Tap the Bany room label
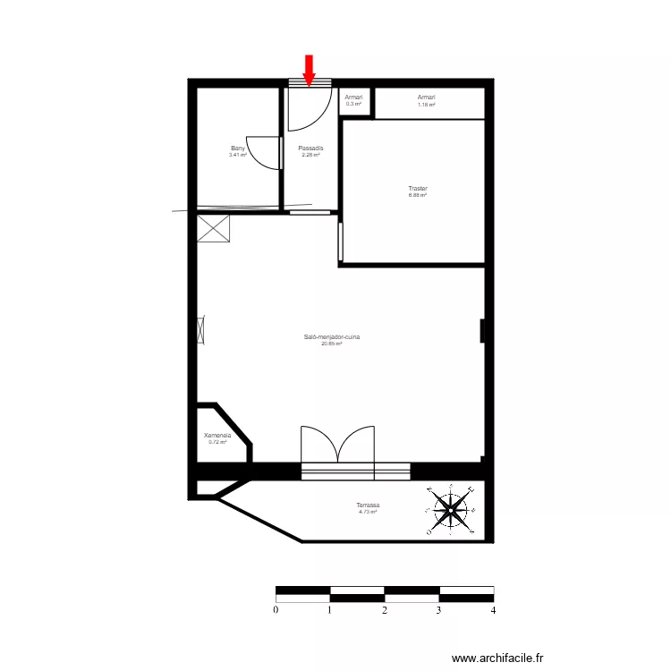click(238, 149)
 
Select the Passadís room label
click(310, 149)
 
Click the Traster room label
click(418, 189)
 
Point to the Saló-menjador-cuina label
click(332, 337)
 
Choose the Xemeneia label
click(217, 436)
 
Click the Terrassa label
click(368, 505)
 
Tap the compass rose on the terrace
click(451, 510)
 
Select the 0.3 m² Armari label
click(354, 97)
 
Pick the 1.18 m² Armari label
click(426, 97)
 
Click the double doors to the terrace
click(337, 445)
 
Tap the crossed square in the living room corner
click(215, 228)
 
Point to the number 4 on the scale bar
click(493, 610)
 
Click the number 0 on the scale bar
click(276, 610)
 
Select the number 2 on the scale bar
click(385, 610)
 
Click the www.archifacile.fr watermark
click(497, 658)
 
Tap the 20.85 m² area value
click(332, 344)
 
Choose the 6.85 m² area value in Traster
click(418, 195)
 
